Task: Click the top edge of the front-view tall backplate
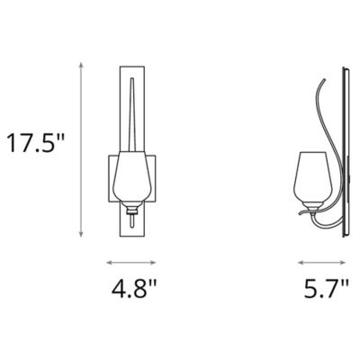click(x=133, y=65)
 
